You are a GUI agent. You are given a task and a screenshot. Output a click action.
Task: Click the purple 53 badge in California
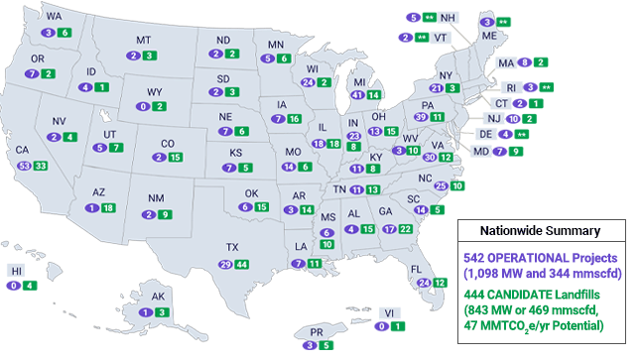[x=23, y=165]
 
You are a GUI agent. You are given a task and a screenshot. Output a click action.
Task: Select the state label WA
[x=53, y=17]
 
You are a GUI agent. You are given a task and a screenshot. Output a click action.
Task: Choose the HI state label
[x=16, y=270]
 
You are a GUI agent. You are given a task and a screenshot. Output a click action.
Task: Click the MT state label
[x=143, y=40]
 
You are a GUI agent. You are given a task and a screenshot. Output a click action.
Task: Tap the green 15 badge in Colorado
[x=175, y=157]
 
